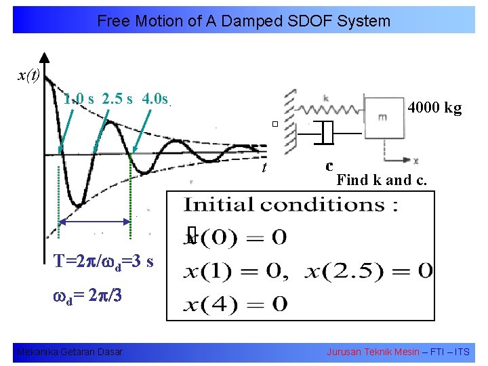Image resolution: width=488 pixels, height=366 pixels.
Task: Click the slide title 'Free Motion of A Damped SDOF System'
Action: [x=243, y=21]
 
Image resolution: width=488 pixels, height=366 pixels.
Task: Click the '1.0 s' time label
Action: [x=79, y=99]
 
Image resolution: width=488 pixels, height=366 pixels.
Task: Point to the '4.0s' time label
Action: [x=155, y=99]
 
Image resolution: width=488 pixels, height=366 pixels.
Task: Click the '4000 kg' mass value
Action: [x=434, y=107]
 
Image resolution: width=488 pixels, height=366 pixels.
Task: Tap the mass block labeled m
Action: [x=383, y=117]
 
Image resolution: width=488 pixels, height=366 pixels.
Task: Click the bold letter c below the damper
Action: [x=329, y=165]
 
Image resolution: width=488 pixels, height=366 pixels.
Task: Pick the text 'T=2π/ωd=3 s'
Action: [x=104, y=262]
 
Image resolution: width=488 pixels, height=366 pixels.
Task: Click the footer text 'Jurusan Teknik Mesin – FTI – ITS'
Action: [x=397, y=352]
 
